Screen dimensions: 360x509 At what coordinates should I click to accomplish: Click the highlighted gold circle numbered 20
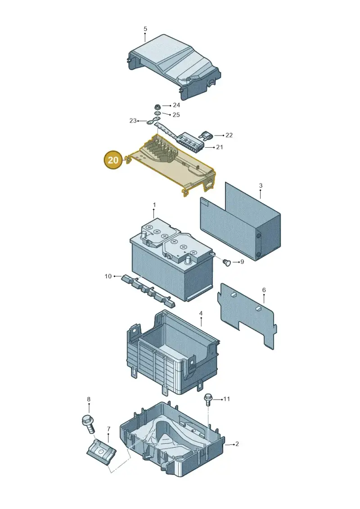point(113,160)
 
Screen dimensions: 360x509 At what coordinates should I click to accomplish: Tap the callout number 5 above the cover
point(145,29)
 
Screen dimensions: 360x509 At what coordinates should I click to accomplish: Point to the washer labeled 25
point(157,113)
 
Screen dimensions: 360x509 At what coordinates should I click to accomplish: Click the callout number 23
point(133,121)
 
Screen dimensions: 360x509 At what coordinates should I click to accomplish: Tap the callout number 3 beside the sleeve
point(261,186)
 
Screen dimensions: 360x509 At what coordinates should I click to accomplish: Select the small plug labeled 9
point(227,262)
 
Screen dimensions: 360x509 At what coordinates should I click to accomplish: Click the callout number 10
point(108,276)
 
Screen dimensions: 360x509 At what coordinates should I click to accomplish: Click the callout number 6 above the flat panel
point(264,290)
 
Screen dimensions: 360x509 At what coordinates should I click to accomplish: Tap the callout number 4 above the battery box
point(201,313)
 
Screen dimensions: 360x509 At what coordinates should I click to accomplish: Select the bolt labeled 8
point(88,423)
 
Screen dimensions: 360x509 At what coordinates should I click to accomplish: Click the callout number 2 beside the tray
point(237,444)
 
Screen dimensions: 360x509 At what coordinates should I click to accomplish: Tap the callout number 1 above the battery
point(154,205)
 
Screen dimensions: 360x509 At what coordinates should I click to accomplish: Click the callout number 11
point(227,399)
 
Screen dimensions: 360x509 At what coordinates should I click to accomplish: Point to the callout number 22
point(229,135)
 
